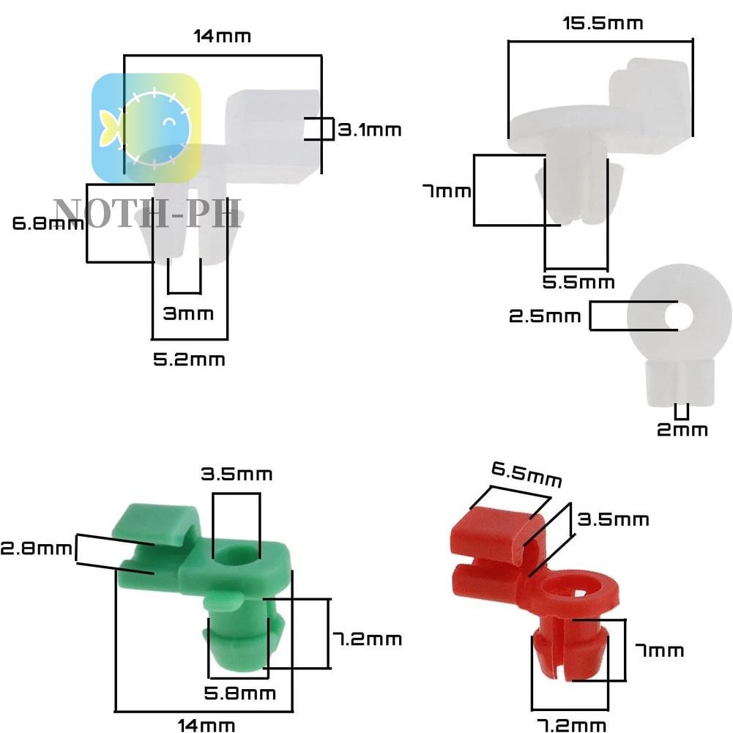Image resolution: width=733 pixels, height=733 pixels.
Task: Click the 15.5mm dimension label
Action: (x=603, y=23)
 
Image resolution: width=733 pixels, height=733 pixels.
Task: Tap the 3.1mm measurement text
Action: (x=369, y=130)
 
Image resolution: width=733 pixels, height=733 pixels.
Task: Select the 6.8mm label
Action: (x=48, y=223)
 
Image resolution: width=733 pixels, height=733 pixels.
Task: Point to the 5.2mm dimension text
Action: (x=190, y=360)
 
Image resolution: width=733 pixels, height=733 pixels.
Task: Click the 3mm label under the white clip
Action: (x=188, y=313)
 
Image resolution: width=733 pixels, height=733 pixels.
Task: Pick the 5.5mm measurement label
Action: (x=578, y=283)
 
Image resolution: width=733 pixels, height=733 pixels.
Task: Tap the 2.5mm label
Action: (x=545, y=316)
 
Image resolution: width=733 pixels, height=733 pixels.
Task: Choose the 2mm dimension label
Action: (x=682, y=430)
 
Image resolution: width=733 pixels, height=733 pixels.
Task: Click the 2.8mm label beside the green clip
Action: (x=37, y=548)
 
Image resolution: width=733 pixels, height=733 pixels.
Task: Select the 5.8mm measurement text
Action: (x=239, y=693)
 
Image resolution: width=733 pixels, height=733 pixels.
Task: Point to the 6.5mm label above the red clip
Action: (x=527, y=474)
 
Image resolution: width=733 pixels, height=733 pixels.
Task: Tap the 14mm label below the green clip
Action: (x=206, y=726)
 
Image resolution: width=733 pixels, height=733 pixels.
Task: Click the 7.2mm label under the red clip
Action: (x=571, y=726)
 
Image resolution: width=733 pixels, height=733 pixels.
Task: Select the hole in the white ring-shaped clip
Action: (x=679, y=316)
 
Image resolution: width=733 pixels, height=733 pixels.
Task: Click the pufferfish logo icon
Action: (x=146, y=127)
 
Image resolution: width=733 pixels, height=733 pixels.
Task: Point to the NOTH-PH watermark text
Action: (x=148, y=213)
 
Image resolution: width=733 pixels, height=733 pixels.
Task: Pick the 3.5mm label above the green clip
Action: (x=237, y=475)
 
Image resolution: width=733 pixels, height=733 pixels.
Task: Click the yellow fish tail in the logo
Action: (x=108, y=128)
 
